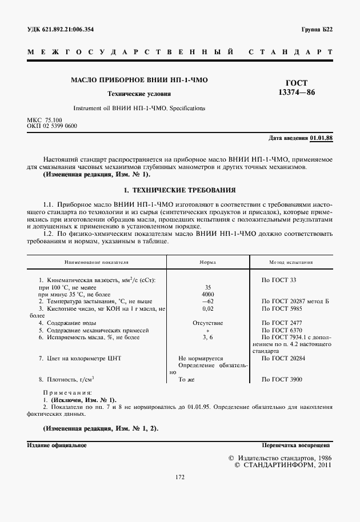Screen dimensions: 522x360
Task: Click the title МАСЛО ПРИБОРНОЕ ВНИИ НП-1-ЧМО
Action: tap(139, 81)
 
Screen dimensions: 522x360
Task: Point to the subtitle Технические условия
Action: tap(139, 94)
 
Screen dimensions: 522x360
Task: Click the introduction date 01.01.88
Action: tap(322, 138)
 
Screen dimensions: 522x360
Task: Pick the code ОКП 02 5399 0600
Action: tap(52, 126)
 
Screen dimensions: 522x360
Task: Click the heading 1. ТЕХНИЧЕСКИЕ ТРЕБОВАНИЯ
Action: tap(180, 189)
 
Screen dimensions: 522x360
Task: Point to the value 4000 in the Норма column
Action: tap(208, 294)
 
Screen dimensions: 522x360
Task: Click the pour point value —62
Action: tap(207, 301)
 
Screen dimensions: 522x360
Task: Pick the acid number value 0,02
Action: tap(207, 308)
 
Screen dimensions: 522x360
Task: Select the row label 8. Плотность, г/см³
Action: tap(66, 379)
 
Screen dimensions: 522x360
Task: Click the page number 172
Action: tap(179, 477)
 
